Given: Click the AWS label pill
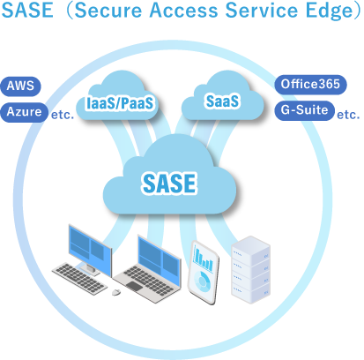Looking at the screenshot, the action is point(20,86).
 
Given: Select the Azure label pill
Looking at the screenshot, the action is point(24,112).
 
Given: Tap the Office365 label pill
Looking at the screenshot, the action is point(310,85).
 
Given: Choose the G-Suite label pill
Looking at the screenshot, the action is point(304,110).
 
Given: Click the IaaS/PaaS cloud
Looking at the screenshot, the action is point(118,98).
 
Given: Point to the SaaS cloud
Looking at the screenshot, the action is point(222,97).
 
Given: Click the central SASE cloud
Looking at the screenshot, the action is point(169,176).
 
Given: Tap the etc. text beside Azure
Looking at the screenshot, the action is point(63,115).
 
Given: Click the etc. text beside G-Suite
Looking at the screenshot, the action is point(348,115).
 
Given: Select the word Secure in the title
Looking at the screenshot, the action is point(108,11).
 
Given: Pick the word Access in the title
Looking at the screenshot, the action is point(183,11).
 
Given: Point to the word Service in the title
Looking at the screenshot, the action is point(262,11).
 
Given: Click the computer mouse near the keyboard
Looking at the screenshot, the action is point(116,292).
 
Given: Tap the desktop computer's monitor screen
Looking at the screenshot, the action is point(90,250).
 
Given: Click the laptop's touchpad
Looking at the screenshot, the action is point(134,286).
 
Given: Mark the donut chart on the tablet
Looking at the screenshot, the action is point(202,281).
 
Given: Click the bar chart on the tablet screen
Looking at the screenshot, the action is point(204,259).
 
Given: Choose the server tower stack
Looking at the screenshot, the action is point(250,269).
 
